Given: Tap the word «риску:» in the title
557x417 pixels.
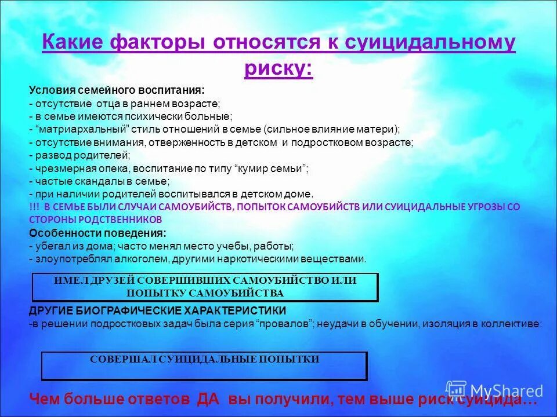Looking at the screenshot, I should click(x=278, y=68).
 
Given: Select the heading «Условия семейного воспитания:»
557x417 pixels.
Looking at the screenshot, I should click(x=116, y=91).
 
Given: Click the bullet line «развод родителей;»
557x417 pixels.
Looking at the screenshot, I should click(x=79, y=155).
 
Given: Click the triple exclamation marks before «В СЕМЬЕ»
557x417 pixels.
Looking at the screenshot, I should click(x=34, y=207).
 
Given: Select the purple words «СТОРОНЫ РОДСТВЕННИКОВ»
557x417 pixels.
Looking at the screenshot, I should click(x=95, y=220).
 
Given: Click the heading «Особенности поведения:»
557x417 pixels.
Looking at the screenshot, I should click(x=97, y=233).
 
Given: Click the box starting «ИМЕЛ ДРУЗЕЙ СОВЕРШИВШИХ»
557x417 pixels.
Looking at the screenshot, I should click(x=204, y=287).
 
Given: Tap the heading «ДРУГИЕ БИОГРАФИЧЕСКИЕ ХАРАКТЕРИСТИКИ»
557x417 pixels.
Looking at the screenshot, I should click(x=157, y=310).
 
